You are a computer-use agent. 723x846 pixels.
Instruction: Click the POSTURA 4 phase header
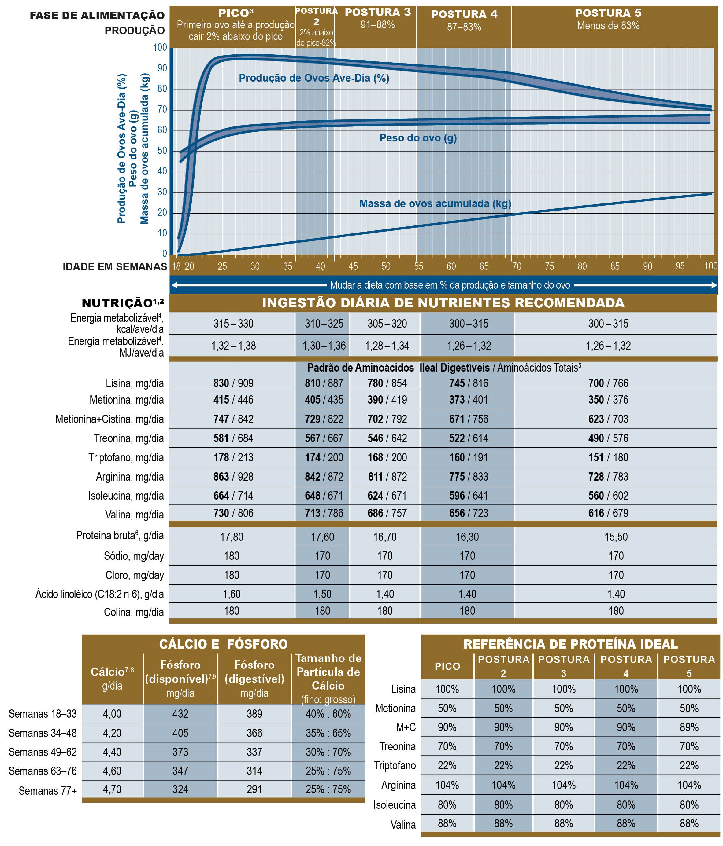(464, 14)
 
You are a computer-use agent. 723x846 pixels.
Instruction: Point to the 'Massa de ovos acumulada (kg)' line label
(435, 203)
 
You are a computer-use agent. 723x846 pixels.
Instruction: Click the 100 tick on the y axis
(160, 47)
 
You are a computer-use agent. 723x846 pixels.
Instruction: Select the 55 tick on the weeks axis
(418, 266)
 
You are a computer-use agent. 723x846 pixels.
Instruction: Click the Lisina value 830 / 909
(233, 383)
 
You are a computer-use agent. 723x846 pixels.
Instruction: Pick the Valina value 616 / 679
(608, 513)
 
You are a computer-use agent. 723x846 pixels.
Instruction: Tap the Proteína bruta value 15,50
(616, 537)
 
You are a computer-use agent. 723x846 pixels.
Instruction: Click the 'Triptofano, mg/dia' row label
(126, 457)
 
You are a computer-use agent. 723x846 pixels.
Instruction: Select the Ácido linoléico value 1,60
(232, 594)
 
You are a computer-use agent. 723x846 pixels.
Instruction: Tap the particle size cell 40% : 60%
(328, 713)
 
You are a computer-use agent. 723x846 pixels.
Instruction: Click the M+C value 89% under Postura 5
(689, 727)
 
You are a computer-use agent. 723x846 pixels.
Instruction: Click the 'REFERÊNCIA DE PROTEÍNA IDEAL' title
(571, 644)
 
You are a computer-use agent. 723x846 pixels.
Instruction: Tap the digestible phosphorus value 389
(254, 713)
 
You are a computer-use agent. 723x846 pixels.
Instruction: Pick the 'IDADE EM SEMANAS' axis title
(115, 267)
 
